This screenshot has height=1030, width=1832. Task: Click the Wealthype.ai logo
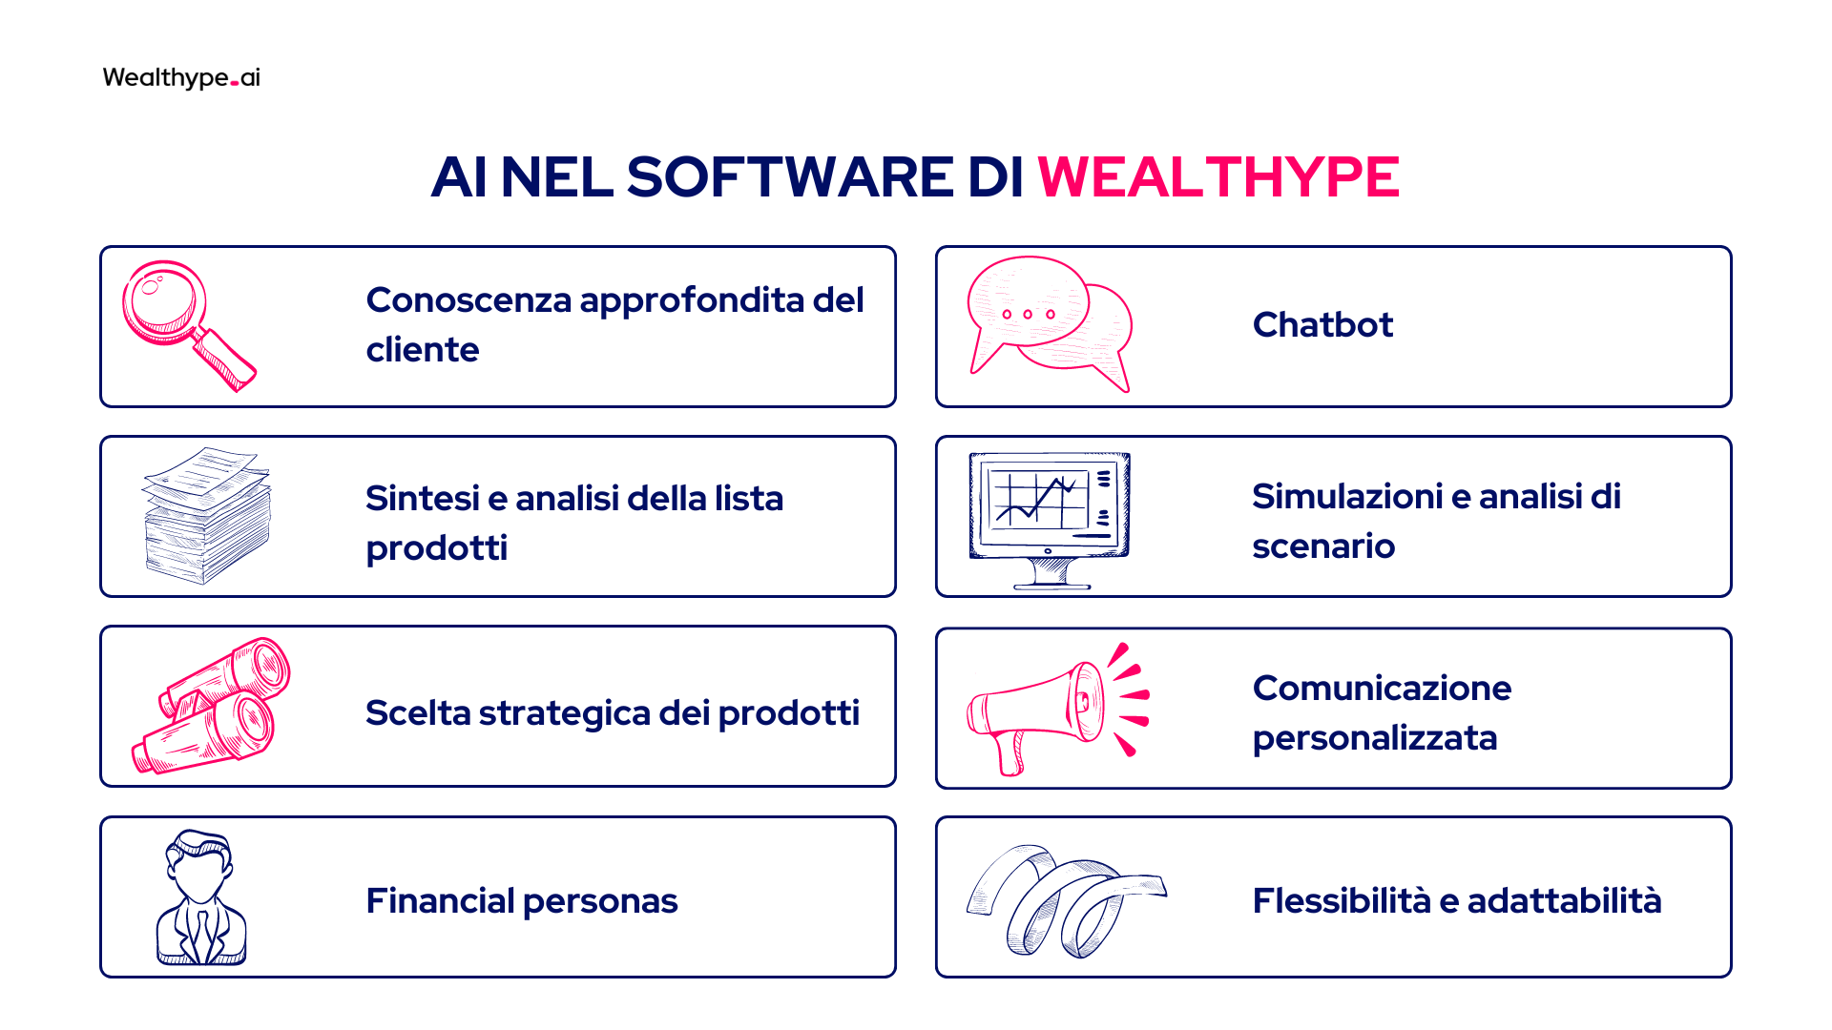[x=181, y=77]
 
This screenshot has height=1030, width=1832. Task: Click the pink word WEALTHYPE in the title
[x=1218, y=176]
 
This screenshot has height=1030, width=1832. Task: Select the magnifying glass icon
[x=189, y=325]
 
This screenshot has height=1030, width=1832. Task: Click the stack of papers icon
[x=207, y=515]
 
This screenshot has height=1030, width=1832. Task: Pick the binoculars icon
[x=211, y=705]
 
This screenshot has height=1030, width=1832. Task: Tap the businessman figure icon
[x=201, y=897]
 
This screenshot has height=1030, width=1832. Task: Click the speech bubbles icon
[x=1050, y=324]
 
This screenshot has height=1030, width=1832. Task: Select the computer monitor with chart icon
[x=1050, y=521]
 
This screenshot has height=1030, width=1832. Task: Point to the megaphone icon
[x=1058, y=709]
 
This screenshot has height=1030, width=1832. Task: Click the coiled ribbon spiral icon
[x=1066, y=900]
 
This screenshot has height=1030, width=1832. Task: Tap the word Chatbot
[x=1322, y=325]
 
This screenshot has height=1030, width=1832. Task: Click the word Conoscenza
[x=468, y=300]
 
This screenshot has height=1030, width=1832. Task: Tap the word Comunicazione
[x=1382, y=689]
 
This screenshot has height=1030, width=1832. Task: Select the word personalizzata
[x=1375, y=739]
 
